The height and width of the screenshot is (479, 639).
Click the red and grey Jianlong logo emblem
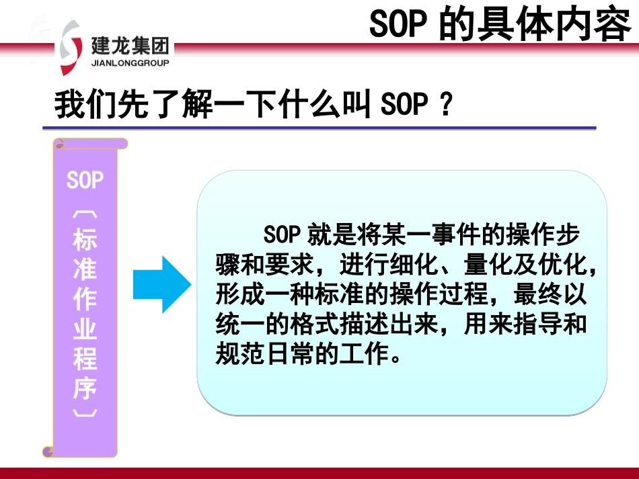tap(71, 48)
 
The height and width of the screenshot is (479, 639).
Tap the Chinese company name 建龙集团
tap(130, 45)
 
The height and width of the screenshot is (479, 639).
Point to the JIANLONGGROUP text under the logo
tap(130, 63)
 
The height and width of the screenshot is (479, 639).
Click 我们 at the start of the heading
tap(85, 104)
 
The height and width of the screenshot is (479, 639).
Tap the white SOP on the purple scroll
tap(85, 179)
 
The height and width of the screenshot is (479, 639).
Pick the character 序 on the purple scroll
tap(85, 388)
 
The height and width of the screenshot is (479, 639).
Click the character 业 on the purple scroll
tap(85, 329)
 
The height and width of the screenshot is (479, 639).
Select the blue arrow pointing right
tap(162, 284)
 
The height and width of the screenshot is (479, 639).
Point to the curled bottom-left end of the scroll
tap(48, 451)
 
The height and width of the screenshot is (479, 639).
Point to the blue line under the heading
tap(319, 128)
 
